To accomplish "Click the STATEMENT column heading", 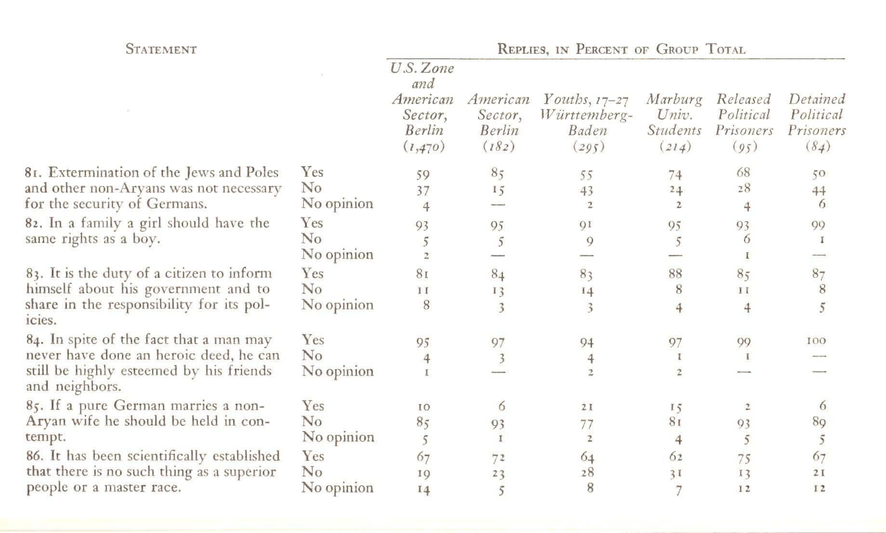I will [x=161, y=50].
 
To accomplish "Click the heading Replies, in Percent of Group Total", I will [x=621, y=49].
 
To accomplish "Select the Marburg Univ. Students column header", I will [x=674, y=115].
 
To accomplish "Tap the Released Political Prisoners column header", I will [x=744, y=115].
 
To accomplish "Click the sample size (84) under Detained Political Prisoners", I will [x=818, y=146].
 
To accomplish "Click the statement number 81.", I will [x=34, y=173].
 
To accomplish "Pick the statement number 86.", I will [x=34, y=456].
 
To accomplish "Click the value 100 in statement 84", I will [x=816, y=341].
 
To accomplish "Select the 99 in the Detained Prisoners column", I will [x=818, y=225].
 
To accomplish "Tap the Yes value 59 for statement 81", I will [x=423, y=174].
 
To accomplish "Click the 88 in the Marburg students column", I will [x=675, y=274].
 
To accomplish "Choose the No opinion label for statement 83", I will [x=337, y=305].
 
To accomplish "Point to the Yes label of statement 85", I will [x=312, y=406].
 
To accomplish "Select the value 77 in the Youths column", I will [x=587, y=424].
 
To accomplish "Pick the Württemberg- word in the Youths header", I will [x=587, y=115].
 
